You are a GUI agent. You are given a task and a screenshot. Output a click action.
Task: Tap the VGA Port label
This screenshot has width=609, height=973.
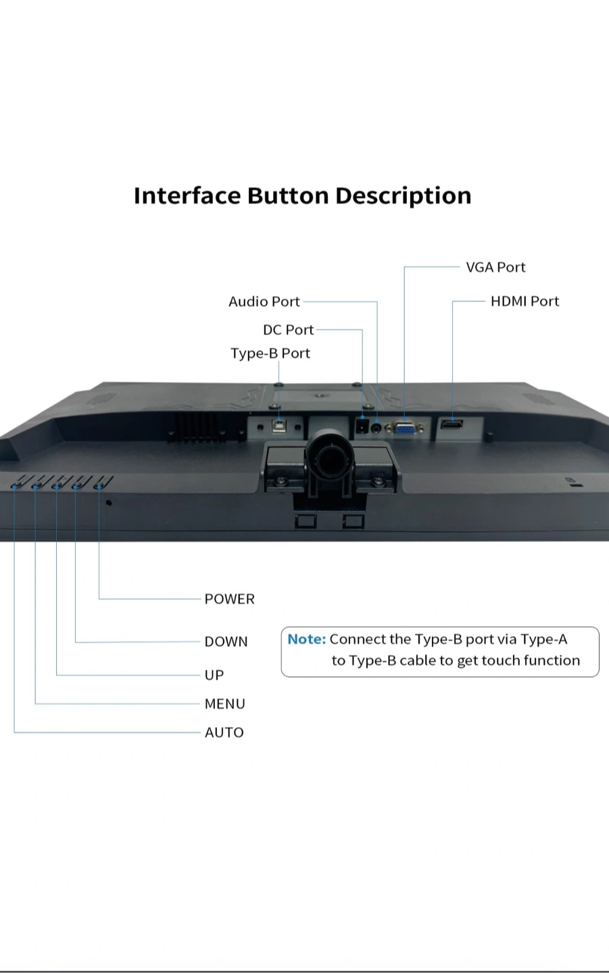[x=495, y=267]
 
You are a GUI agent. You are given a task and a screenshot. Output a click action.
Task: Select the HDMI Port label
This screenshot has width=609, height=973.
[x=525, y=301]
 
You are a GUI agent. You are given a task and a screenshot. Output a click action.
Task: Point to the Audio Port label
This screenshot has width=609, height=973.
[x=264, y=301]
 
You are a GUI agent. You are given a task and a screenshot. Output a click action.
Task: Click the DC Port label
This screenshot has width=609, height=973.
[x=288, y=330]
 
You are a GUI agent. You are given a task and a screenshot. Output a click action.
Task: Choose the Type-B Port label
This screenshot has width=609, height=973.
[x=270, y=353]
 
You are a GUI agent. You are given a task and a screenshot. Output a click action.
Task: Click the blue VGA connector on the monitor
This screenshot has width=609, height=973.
[x=405, y=428]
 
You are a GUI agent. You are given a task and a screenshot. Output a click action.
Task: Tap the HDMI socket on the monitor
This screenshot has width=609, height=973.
[x=452, y=425]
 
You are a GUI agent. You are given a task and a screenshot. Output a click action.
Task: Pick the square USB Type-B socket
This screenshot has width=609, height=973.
[x=278, y=427]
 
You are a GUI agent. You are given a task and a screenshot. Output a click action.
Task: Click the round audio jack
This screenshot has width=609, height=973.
[x=376, y=428]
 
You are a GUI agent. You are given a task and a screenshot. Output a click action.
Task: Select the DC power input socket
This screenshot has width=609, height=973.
[x=362, y=427]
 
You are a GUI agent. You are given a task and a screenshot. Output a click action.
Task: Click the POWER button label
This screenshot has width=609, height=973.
[x=229, y=599]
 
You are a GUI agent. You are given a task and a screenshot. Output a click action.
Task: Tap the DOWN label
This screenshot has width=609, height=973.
[x=226, y=641]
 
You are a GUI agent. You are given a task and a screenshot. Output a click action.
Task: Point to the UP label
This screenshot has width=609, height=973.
[x=214, y=674]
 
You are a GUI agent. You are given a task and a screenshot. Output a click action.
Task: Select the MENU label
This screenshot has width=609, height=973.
[x=224, y=703]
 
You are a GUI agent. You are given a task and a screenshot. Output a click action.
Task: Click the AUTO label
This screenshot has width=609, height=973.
[x=224, y=732]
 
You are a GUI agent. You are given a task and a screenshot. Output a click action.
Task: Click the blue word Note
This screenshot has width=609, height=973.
[x=306, y=639]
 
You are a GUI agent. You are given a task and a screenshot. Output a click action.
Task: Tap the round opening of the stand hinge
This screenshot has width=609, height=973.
[x=330, y=460]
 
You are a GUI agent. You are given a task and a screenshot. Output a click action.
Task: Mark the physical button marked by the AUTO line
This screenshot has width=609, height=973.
[x=16, y=484]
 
